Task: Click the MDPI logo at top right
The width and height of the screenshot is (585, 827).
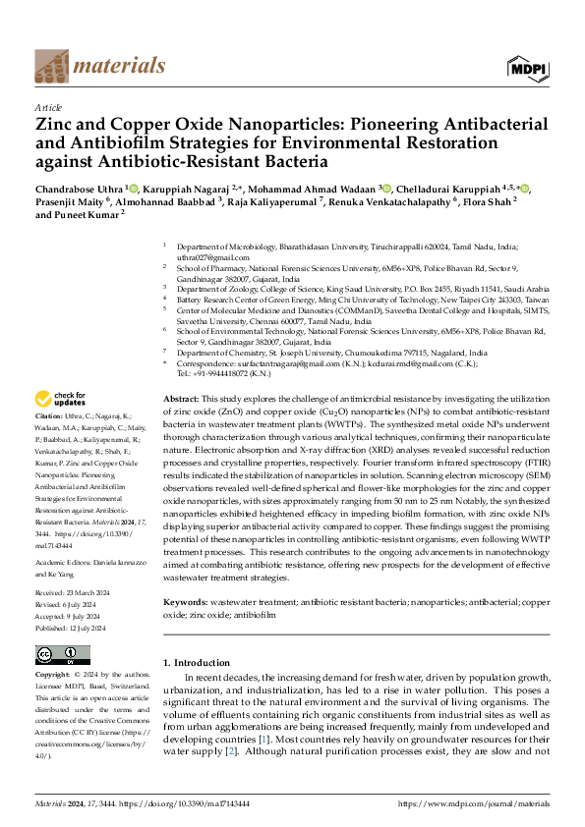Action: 528,67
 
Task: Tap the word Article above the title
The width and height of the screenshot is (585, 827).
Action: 48,107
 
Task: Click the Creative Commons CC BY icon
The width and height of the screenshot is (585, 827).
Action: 62,654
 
